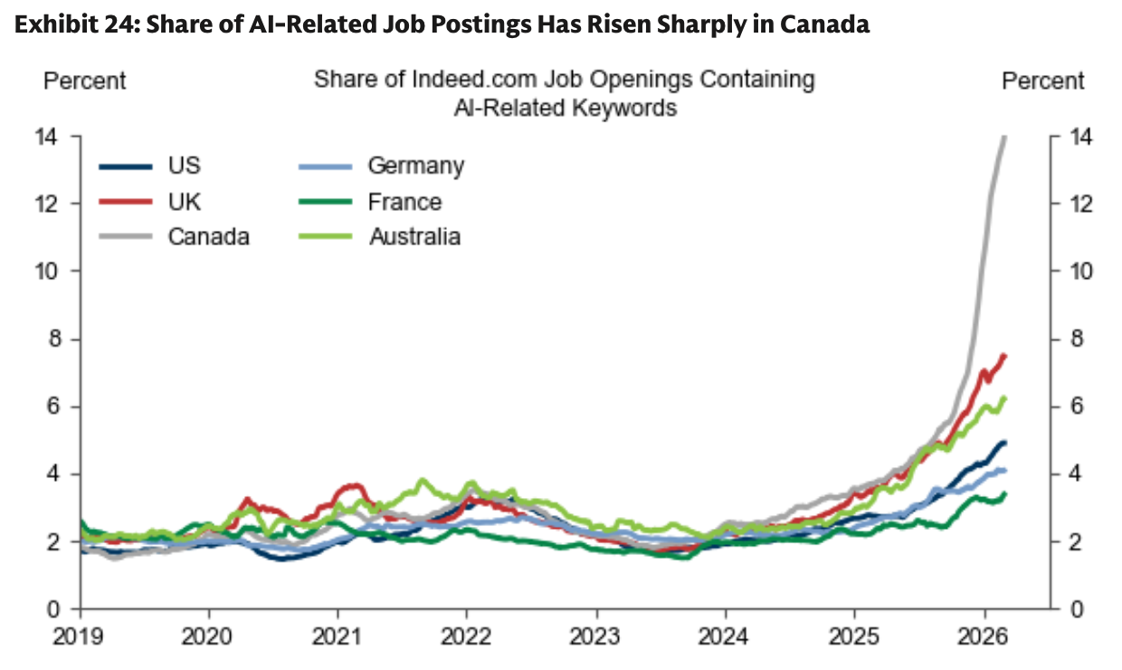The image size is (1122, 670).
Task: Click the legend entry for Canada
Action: click(208, 236)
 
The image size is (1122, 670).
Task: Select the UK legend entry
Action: click(184, 201)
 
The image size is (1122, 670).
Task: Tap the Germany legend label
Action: click(415, 166)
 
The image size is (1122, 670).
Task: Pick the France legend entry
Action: click(404, 201)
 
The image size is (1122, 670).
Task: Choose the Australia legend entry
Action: click(414, 236)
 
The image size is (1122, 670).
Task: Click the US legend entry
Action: click(184, 166)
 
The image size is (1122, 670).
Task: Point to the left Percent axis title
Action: click(85, 81)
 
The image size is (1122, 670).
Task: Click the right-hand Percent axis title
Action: click(1042, 81)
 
